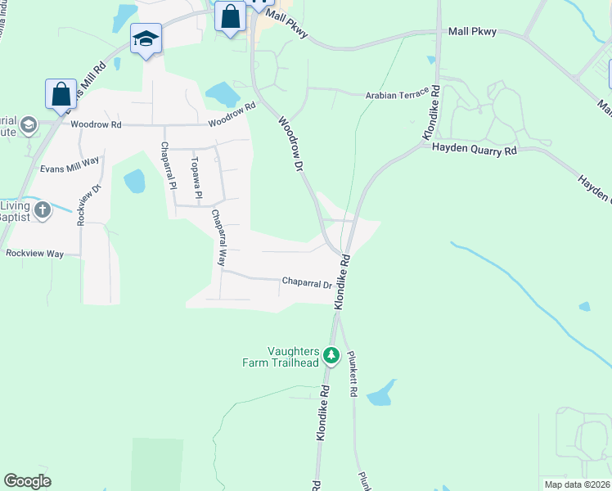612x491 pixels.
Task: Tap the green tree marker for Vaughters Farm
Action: click(331, 355)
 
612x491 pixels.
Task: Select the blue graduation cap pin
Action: click(146, 38)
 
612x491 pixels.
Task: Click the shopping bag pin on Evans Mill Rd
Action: click(61, 95)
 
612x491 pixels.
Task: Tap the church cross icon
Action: click(43, 209)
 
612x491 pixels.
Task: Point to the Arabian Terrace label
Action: click(397, 95)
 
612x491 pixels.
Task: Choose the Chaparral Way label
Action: click(218, 238)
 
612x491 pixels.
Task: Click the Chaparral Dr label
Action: click(307, 283)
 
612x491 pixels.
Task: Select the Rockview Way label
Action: click(34, 254)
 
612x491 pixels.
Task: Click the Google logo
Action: click(27, 481)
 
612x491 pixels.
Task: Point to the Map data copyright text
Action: click(577, 484)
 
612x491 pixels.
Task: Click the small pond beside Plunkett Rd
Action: click(381, 394)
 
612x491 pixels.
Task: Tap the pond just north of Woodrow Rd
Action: click(221, 95)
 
